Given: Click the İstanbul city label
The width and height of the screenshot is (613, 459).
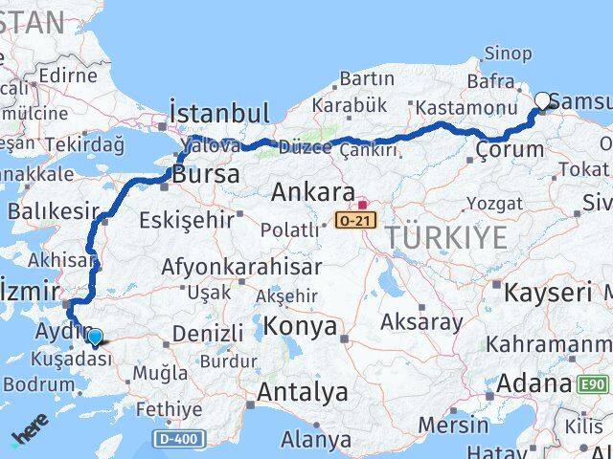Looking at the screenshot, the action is click(218, 114).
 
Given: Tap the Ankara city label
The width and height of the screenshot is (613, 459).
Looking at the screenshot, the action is click(313, 192).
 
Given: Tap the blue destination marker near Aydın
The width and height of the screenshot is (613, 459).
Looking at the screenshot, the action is click(95, 336).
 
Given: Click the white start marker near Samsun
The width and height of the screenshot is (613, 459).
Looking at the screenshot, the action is click(543, 99).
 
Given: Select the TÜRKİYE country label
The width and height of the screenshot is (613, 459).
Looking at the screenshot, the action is click(445, 238).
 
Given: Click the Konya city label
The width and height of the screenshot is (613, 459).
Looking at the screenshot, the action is click(303, 326).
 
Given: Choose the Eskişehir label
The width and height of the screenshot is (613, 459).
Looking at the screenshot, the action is click(187, 219).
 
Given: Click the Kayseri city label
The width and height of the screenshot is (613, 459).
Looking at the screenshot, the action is click(548, 292).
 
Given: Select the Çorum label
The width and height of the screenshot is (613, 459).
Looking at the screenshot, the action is click(510, 149).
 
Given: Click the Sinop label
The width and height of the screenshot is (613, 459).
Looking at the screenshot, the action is click(509, 54).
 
